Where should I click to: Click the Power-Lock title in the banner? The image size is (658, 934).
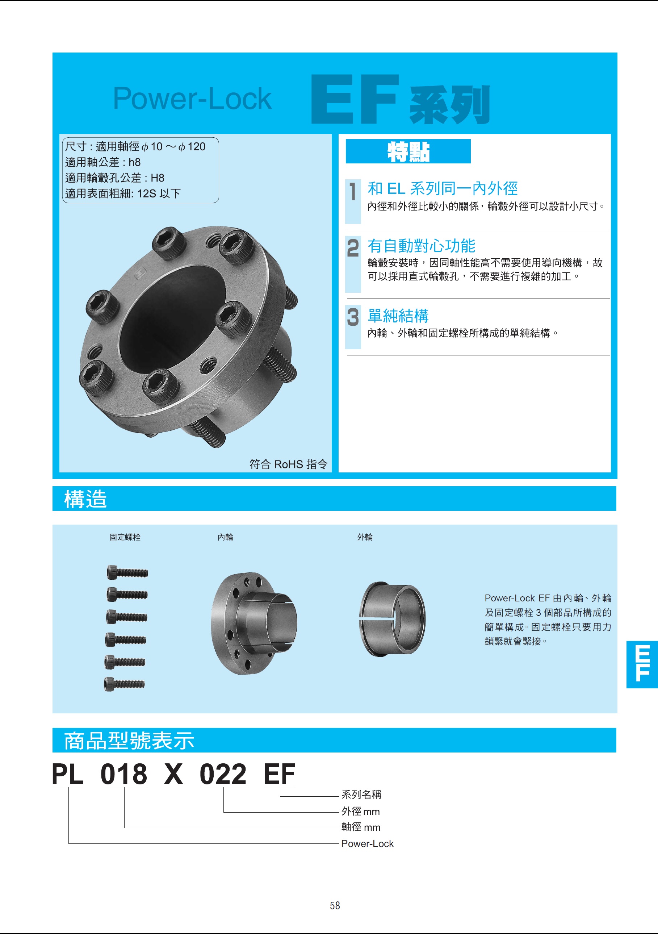coord(192,99)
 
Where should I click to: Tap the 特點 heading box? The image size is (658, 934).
coord(408,151)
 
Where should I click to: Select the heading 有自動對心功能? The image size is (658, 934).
coord(421,246)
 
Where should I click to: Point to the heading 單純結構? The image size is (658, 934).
coord(398,316)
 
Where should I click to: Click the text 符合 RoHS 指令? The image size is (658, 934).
coord(288,464)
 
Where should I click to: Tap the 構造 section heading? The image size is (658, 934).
coord(85,499)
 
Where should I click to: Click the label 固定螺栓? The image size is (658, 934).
coord(125,537)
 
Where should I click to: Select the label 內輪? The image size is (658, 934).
coord(225,537)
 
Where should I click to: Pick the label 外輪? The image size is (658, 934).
coord(365,537)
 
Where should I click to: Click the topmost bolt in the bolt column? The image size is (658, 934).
coord(127,572)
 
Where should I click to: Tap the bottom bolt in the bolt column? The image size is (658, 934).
coord(125,684)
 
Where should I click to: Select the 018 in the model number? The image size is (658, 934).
coord(123,774)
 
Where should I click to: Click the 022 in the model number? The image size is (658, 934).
coord(223,774)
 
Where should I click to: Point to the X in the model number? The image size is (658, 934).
coord(174,774)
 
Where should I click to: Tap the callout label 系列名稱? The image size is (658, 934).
coord(361,795)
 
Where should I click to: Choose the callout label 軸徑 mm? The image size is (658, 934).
coord(361,827)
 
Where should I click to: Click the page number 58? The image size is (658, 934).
coord(335,905)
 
